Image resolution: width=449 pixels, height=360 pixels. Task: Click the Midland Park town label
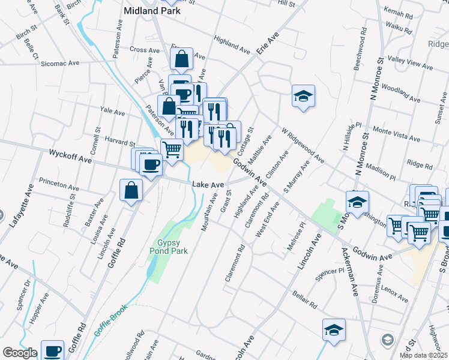[152, 10]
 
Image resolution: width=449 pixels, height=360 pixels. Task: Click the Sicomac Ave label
[60, 62]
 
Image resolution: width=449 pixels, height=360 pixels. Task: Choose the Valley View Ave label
[411, 62]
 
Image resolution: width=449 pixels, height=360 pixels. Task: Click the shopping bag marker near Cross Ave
[181, 59]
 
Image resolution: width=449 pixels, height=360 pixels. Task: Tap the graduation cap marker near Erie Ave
[304, 95]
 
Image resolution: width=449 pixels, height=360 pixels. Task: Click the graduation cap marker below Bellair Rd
[334, 330]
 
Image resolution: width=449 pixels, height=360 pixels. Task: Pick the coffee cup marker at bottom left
[52, 350]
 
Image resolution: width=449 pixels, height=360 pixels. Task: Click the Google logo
[20, 353]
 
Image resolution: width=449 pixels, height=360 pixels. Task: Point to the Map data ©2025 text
[424, 355]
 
